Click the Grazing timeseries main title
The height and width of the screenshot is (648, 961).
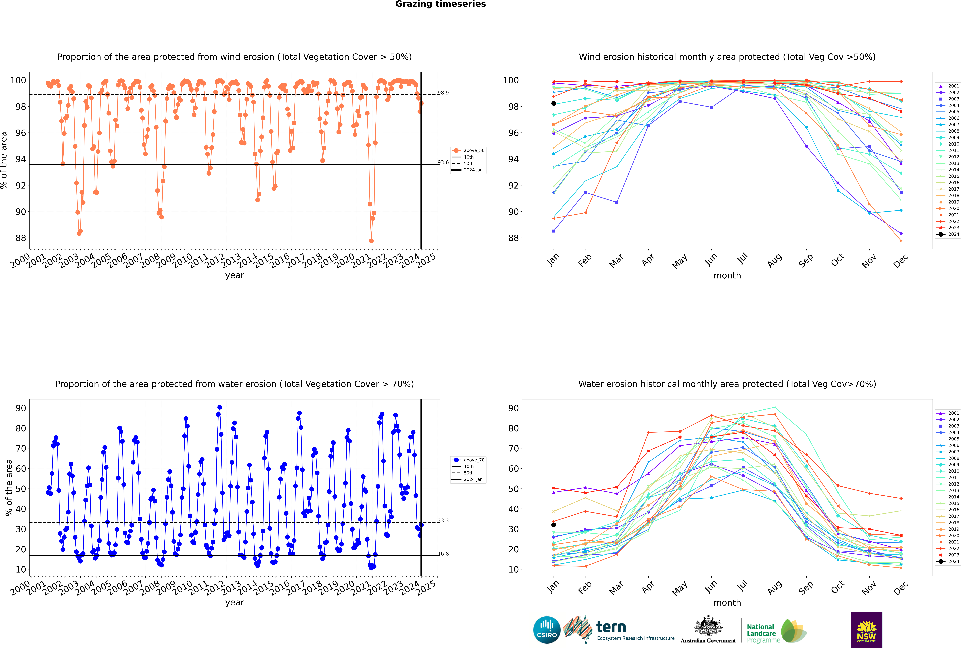pos(440,4)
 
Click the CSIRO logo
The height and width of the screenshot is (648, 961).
pos(547,630)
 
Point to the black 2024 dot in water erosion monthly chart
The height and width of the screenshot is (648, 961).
pos(554,525)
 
